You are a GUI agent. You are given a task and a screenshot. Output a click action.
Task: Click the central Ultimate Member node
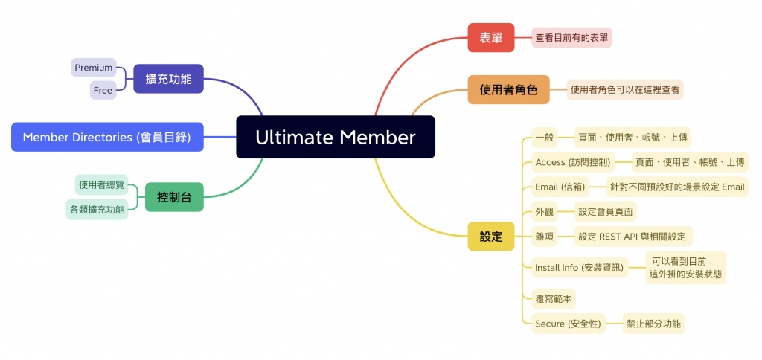point(335,137)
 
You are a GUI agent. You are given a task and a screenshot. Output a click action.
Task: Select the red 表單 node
point(490,37)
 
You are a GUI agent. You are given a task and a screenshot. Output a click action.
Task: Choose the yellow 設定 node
point(491,237)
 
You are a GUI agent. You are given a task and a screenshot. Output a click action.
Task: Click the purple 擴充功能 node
point(168,78)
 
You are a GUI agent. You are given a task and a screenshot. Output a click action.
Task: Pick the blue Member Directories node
point(107,137)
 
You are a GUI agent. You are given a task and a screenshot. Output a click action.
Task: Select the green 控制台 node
point(174,197)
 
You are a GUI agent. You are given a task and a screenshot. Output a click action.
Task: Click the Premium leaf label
point(94,68)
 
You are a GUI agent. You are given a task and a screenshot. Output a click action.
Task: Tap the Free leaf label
point(103,90)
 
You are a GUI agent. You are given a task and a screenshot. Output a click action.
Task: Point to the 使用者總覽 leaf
point(102,184)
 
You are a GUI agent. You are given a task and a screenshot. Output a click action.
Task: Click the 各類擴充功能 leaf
point(97,210)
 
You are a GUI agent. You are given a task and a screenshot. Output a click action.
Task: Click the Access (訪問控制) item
point(573,162)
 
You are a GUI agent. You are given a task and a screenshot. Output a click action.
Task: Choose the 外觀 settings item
point(544,211)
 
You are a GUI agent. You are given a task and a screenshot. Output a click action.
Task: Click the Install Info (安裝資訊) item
point(579,267)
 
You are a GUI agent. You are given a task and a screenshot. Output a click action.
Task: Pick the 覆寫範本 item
point(554,298)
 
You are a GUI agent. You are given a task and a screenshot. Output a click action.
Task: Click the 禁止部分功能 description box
point(653,324)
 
